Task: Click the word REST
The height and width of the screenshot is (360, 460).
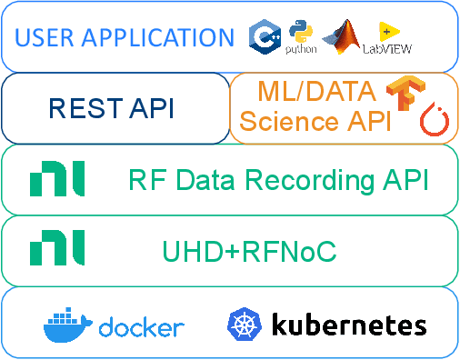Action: coord(82,109)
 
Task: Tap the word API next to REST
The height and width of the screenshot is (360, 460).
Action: coord(146,109)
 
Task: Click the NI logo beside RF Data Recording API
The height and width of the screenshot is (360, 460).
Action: coord(57,179)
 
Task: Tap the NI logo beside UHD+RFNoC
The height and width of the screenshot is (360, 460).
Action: coord(57,248)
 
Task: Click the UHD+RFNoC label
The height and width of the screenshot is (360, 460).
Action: coord(249,250)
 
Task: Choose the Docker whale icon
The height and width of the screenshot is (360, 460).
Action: coord(68,324)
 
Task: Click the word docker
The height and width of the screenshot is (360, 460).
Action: coord(141,326)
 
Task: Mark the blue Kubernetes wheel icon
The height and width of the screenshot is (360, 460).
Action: coord(244,325)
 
